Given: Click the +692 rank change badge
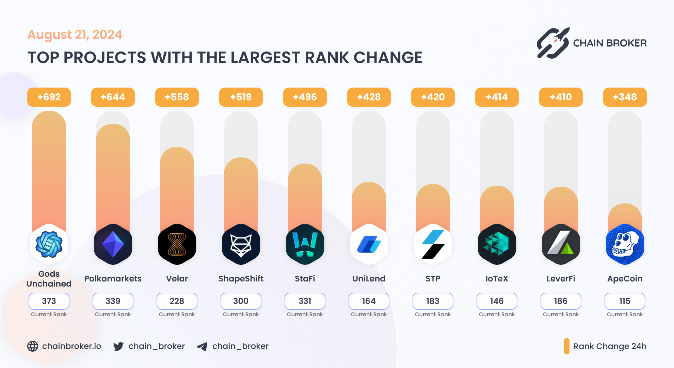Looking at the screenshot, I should [49, 97].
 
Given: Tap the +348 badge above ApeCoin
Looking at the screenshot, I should [625, 97].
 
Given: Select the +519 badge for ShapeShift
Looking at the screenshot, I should [241, 97].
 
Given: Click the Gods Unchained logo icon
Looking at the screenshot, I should [49, 244].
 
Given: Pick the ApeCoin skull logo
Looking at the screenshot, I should [625, 244].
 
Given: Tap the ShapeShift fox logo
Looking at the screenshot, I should [241, 244].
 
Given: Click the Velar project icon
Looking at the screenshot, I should [177, 244].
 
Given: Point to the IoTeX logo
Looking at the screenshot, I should [497, 244].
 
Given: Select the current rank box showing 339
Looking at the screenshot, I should [113, 301].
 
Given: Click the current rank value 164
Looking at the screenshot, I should [369, 301].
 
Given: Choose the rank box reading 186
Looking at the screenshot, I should [561, 301].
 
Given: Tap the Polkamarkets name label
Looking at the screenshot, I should [113, 279].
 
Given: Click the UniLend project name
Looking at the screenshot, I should [369, 279].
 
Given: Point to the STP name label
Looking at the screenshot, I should [433, 279].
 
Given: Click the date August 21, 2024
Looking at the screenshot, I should [75, 35].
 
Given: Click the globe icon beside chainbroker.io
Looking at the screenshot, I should [33, 346].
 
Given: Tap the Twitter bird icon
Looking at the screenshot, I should [118, 346].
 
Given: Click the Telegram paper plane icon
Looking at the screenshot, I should [202, 347].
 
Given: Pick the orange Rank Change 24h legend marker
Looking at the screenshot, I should [566, 346].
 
